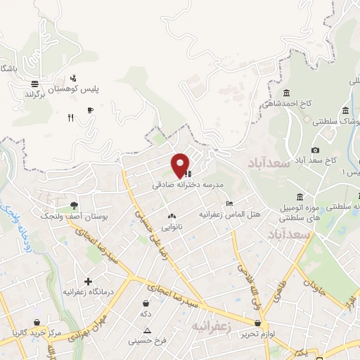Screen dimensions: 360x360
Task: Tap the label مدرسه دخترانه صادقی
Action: point(188,185)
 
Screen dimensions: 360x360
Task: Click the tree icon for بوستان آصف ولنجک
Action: point(74,206)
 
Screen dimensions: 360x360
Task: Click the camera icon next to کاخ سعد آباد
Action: point(315,150)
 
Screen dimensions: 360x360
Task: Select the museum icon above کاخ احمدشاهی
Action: point(286,94)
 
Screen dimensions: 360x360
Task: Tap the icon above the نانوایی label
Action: point(172,216)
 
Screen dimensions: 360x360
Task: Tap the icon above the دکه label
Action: point(146,302)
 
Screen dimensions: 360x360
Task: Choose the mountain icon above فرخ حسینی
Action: point(147,329)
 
